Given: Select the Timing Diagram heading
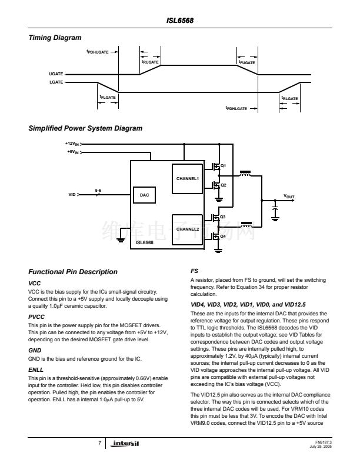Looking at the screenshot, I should [x=55, y=38].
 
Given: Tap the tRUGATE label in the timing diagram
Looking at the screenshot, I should [x=150, y=62].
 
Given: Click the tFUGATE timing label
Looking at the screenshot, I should [x=246, y=62].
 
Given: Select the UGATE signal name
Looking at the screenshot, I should [x=55, y=74].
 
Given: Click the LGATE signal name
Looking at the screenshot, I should [x=55, y=82].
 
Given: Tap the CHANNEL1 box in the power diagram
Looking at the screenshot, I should [x=188, y=178].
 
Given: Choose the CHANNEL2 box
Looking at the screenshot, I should [x=188, y=228].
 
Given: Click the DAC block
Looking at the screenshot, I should [x=144, y=195].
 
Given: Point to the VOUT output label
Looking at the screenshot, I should [x=289, y=195].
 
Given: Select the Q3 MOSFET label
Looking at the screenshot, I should [x=223, y=217].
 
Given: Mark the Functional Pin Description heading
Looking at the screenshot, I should [x=73, y=272].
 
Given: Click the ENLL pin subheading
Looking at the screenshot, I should [x=36, y=370].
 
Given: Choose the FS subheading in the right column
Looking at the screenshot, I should [x=194, y=271].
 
